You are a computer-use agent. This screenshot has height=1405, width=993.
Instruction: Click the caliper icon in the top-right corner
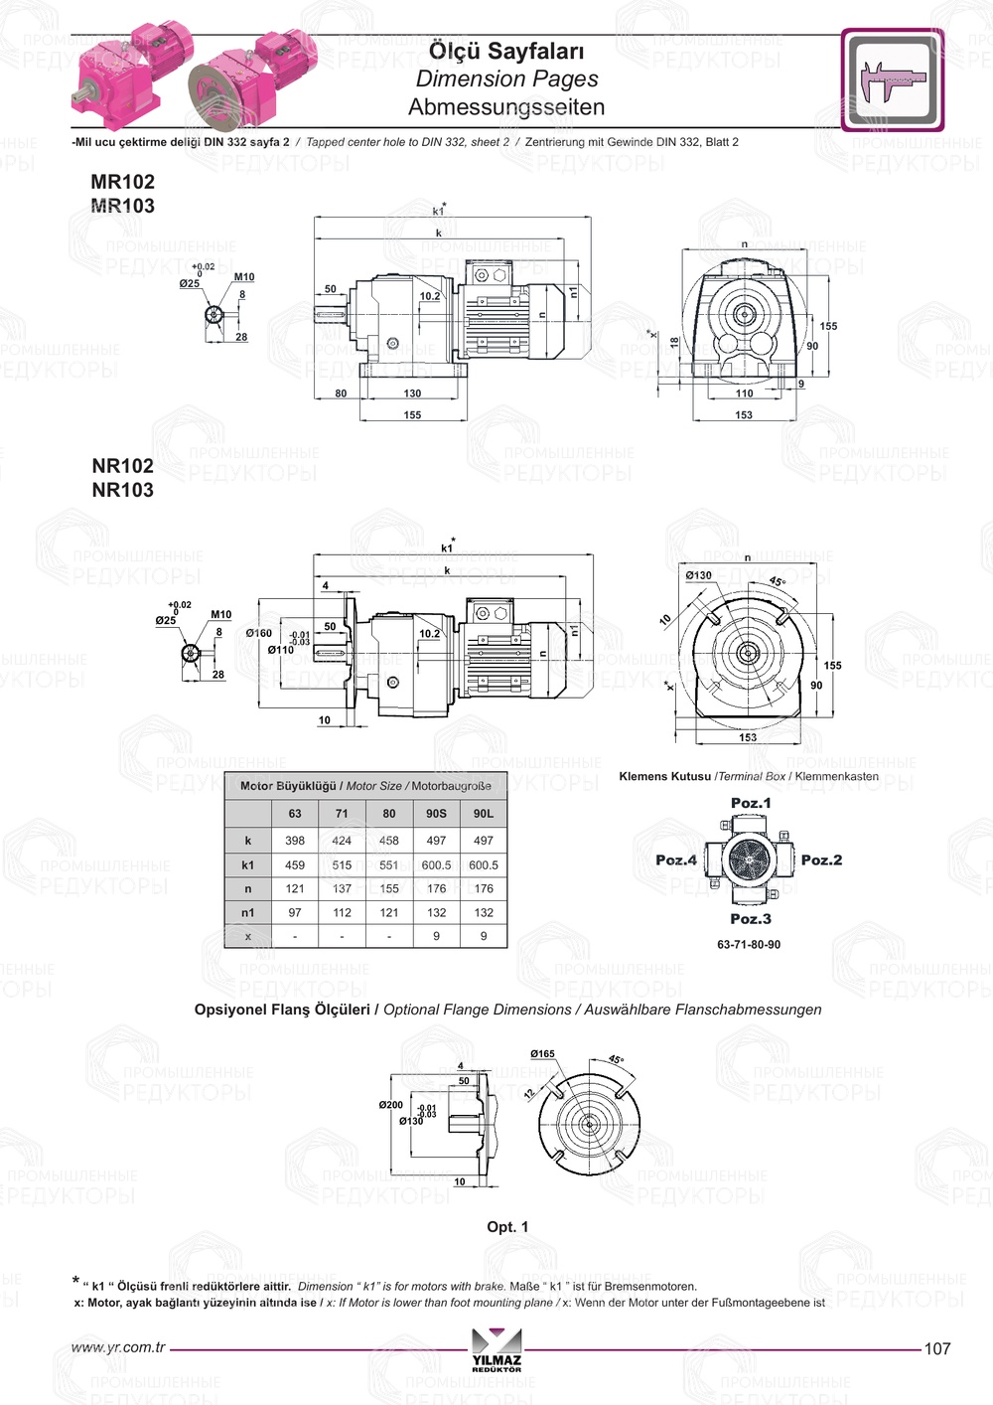coord(892,80)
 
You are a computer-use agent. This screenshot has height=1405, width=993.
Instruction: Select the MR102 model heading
coord(122,182)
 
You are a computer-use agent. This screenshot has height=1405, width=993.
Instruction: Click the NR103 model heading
coord(122,490)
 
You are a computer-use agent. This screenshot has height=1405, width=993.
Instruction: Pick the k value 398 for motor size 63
coord(295,841)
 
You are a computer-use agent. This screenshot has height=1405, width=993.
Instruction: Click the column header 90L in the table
coord(484,814)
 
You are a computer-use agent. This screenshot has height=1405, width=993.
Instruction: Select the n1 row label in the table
coord(248,913)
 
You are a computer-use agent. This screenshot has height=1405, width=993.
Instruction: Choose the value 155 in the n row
coord(389,889)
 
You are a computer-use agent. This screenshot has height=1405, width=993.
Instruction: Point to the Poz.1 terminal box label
coord(751,803)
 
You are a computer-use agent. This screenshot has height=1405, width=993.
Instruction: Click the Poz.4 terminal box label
coord(676,860)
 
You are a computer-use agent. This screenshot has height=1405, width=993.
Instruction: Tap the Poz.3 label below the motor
coord(751,919)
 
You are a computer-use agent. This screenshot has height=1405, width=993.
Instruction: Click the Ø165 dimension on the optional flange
coord(542,1054)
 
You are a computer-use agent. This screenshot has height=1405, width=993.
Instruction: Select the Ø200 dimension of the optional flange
coord(391,1105)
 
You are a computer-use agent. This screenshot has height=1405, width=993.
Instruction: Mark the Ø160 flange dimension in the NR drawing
coord(259,633)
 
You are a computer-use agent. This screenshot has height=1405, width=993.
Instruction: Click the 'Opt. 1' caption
coord(507,1227)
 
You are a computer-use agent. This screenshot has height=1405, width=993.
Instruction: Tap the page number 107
coord(937,1349)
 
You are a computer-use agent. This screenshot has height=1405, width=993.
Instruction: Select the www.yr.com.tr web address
coord(118,1348)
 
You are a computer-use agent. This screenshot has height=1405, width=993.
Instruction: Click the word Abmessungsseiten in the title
coord(506,107)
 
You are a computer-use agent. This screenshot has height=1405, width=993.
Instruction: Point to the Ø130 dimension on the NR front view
coord(698,575)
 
